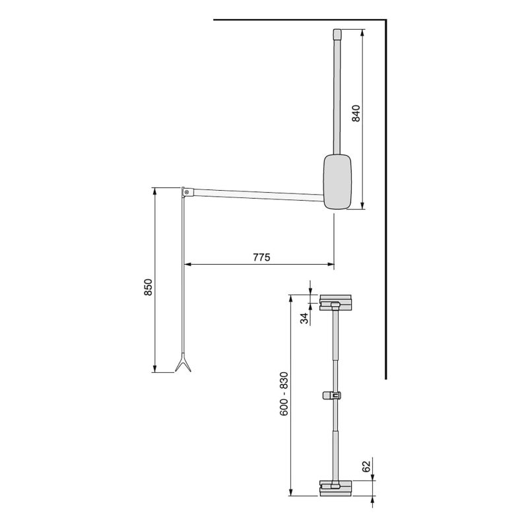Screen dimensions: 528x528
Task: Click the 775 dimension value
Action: [261, 257]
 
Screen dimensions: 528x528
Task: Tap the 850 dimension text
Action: [148, 288]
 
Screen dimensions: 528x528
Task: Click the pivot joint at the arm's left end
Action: [187, 192]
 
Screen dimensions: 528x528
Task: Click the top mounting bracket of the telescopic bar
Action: [336, 303]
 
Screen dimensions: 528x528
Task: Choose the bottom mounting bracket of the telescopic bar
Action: [336, 488]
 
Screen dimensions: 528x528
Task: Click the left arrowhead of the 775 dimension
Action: [185, 265]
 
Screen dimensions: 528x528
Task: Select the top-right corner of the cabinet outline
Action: [384, 20]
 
